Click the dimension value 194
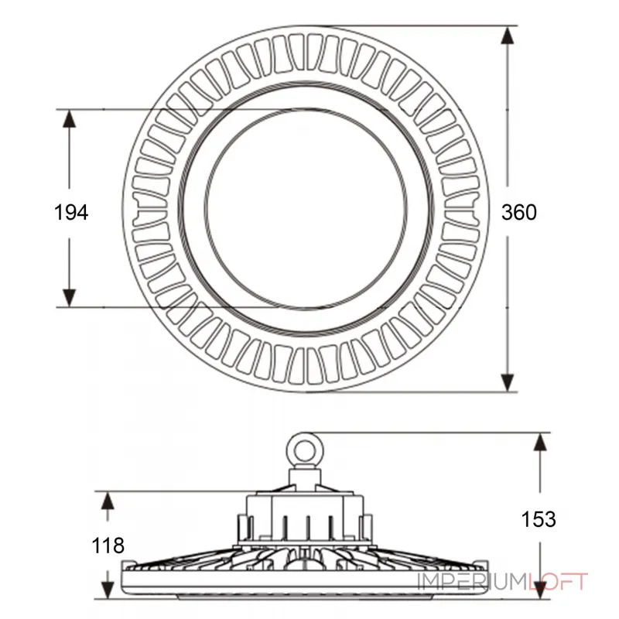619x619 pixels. (x=71, y=212)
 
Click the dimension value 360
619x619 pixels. (x=518, y=212)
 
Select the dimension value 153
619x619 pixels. (x=539, y=519)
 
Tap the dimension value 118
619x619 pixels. (x=108, y=545)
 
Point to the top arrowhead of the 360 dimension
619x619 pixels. (x=508, y=36)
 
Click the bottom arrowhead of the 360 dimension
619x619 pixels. (x=508, y=382)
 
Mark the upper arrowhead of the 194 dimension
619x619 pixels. (x=70, y=119)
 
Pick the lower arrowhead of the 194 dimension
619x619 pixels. (x=70, y=298)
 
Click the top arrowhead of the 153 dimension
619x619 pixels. (x=540, y=442)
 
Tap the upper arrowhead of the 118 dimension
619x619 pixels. (x=108, y=501)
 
